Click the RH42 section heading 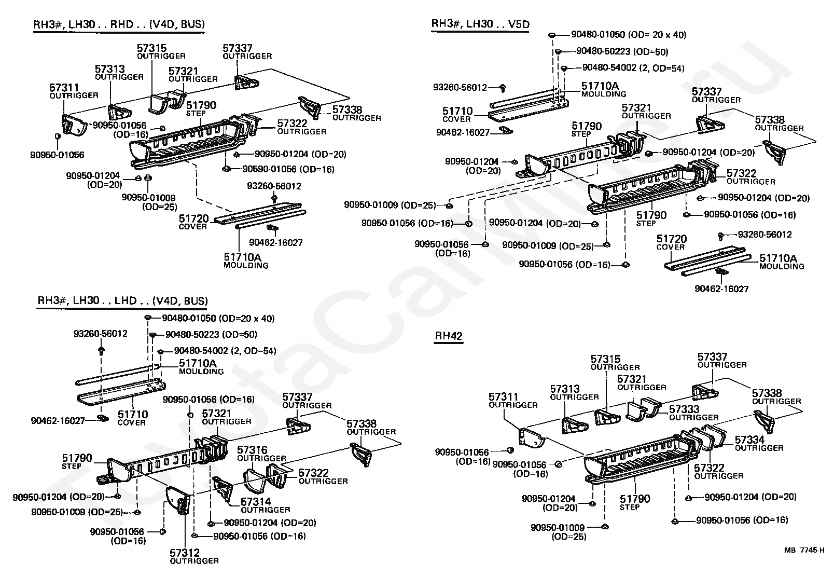pos(449,336)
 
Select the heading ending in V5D pos(480,24)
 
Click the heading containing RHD pos(119,24)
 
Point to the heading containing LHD pos(122,301)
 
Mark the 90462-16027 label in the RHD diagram pos(275,242)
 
